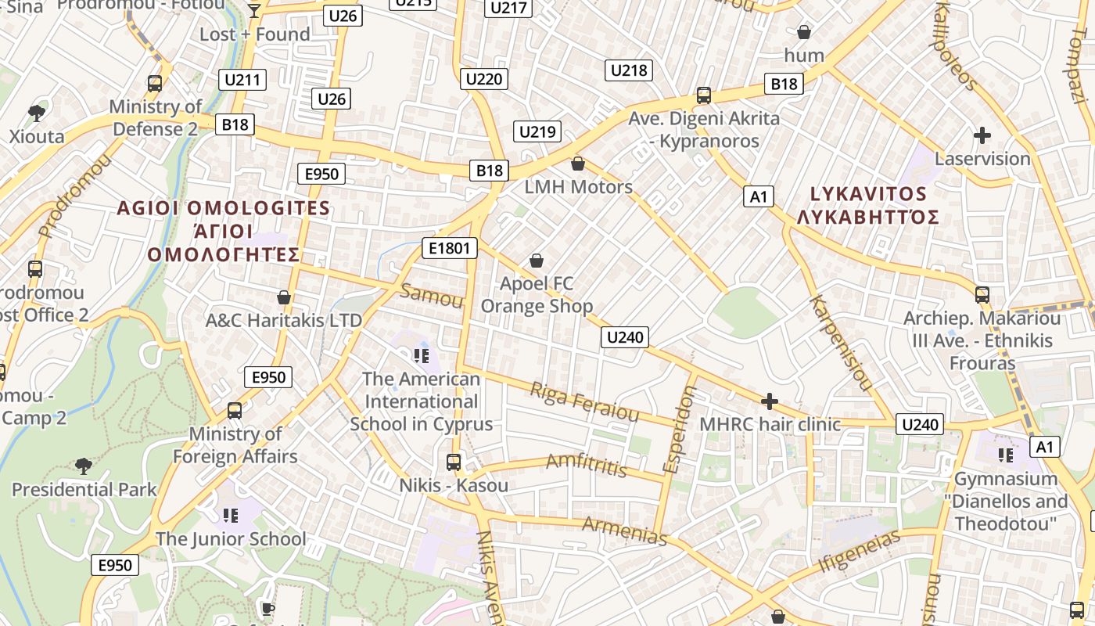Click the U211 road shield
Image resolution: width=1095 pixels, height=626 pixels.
244,80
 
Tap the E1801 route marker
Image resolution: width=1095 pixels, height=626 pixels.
449,249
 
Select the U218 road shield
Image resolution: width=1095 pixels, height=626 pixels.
628,70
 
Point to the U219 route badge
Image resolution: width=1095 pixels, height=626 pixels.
537,131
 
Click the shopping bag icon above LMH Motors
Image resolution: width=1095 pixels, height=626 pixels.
578,164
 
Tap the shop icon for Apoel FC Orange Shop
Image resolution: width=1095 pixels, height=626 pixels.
537,260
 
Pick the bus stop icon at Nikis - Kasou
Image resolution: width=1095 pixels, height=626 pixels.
454,462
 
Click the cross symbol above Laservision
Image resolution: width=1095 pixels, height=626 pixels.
982,135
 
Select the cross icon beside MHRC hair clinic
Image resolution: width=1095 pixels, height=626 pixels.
770,401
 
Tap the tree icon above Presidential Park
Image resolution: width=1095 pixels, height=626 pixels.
84,466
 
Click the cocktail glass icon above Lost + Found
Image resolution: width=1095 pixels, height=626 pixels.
254,10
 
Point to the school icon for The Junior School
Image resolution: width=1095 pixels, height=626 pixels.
230,515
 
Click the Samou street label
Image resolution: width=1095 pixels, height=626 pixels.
431,297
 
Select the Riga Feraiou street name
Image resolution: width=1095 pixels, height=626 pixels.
584,401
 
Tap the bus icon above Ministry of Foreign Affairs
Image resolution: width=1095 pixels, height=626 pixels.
234,410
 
